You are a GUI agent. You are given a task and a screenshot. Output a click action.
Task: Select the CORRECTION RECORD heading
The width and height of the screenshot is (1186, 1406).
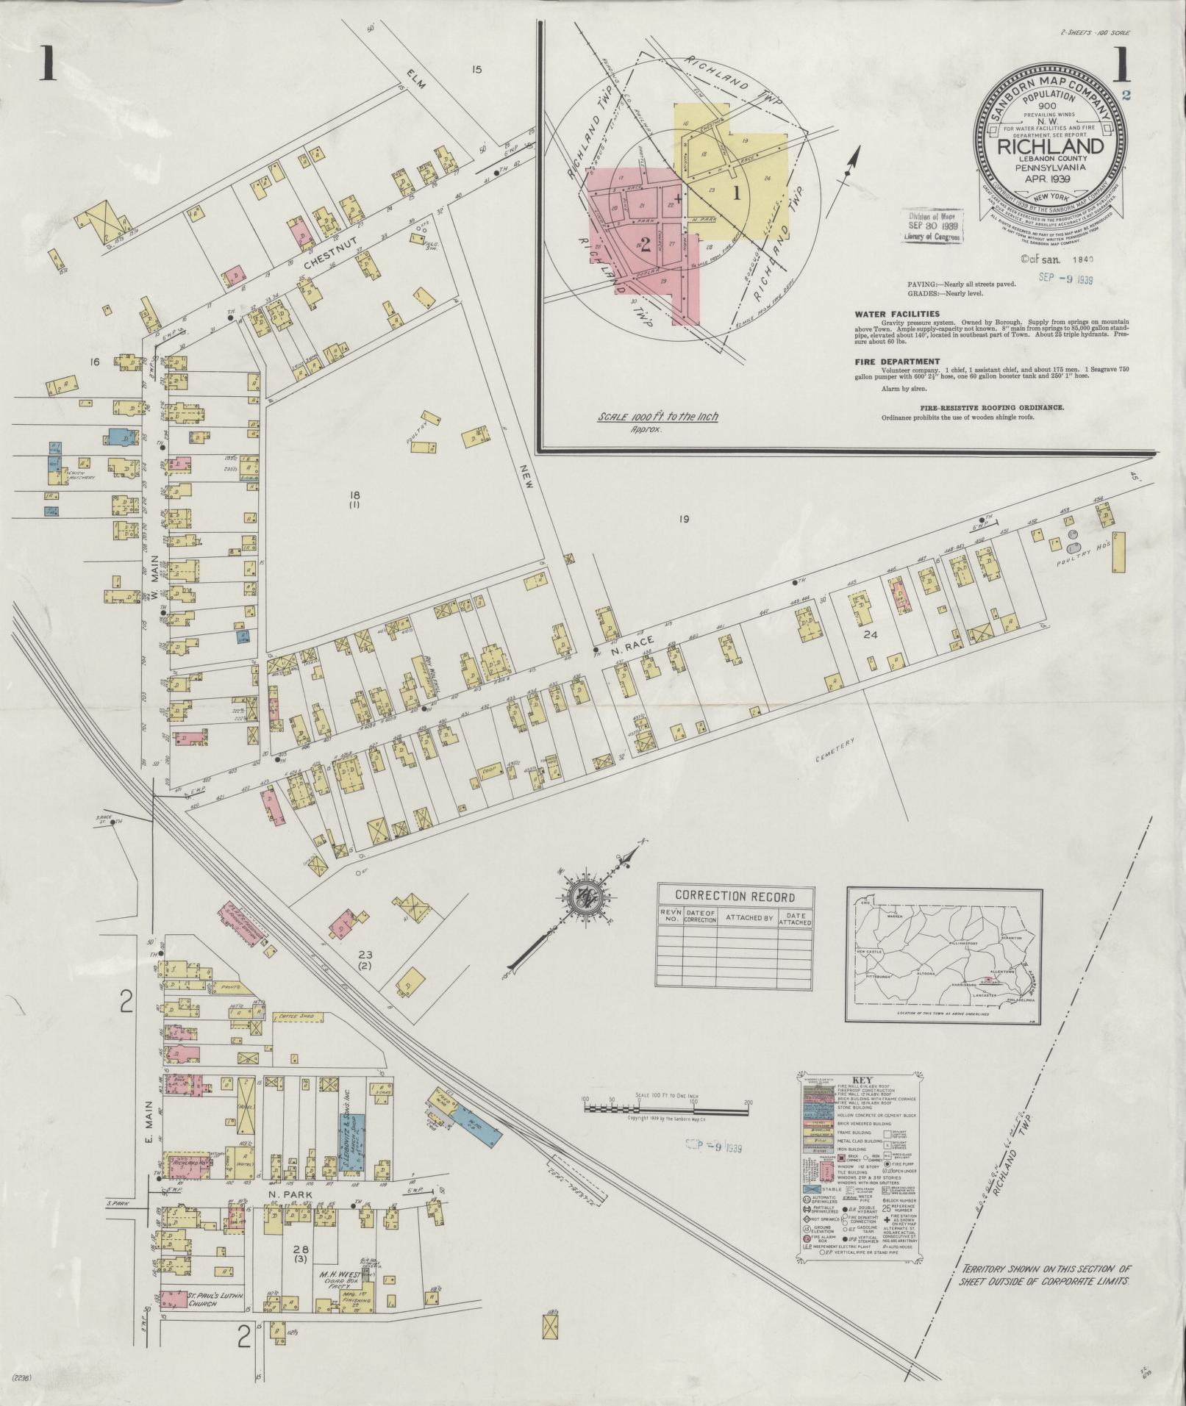tap(735, 897)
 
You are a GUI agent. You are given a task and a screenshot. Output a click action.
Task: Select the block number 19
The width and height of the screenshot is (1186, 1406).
tap(683, 520)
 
